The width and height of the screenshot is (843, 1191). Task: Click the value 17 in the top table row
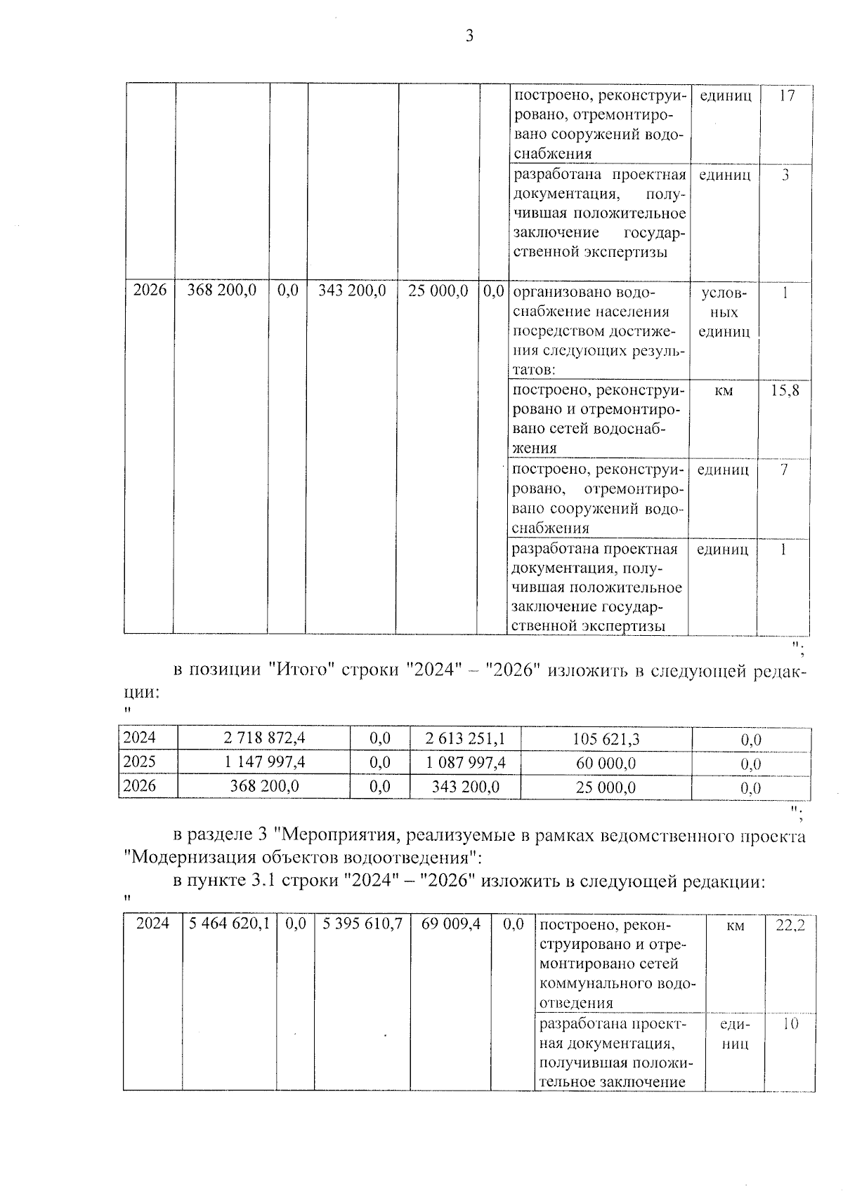tap(786, 95)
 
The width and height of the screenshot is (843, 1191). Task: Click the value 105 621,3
tap(606, 738)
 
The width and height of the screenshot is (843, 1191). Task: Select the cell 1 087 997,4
tap(465, 763)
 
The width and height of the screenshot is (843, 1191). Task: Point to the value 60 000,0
tap(606, 764)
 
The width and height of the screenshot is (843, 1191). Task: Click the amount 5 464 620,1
tap(229, 924)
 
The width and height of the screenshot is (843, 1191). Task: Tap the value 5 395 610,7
tap(362, 924)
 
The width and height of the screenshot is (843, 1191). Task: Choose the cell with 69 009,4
tap(450, 924)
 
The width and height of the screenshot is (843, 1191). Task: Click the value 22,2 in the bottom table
tap(790, 926)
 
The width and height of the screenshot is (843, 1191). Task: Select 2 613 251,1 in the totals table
tap(465, 738)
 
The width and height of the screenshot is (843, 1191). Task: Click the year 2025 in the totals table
tap(139, 762)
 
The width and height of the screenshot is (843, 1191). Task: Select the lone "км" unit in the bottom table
tap(735, 926)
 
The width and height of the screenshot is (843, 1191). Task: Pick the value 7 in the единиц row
tap(783, 470)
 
